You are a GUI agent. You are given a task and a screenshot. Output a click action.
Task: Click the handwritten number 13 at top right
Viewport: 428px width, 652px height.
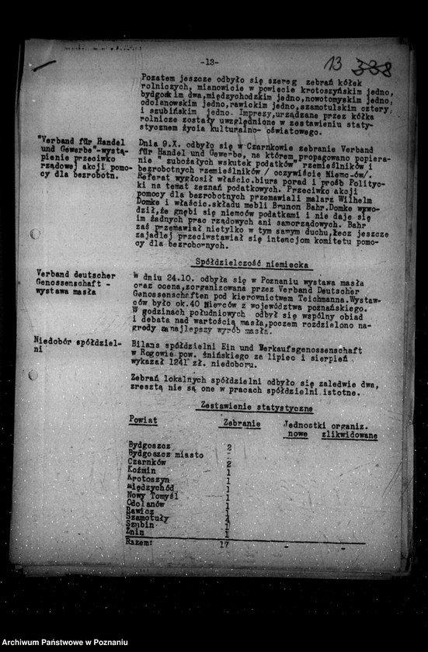[x=335, y=64]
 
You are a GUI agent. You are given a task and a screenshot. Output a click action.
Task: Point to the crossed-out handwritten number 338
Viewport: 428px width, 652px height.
[x=371, y=68]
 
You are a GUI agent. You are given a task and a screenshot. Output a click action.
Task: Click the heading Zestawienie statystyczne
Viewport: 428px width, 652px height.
[x=256, y=407]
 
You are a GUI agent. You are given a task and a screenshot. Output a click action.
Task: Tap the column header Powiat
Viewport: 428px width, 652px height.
[x=142, y=420]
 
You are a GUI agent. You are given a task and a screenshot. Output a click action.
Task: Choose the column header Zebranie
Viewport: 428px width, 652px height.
[x=241, y=424]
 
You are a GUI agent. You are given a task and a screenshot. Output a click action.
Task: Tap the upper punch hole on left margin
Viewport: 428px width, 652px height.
[x=35, y=234]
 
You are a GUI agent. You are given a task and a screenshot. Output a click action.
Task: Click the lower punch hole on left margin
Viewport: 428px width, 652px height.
[x=33, y=375]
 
